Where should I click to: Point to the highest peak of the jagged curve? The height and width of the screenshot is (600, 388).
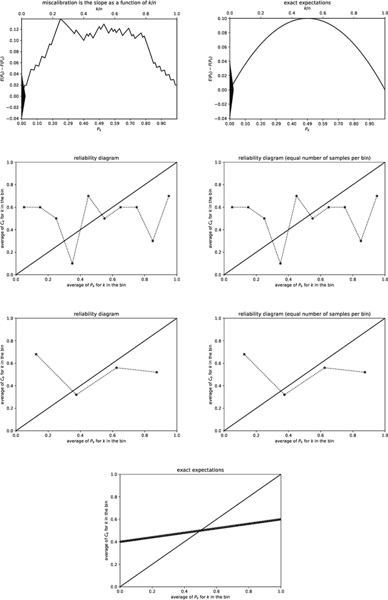pyautogui.click(x=60, y=19)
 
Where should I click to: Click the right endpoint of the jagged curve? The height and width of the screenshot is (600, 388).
pyautogui.click(x=176, y=85)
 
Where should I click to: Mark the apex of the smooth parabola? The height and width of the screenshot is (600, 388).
pyautogui.click(x=308, y=18)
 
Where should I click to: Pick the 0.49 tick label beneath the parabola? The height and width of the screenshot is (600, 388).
pyautogui.click(x=308, y=123)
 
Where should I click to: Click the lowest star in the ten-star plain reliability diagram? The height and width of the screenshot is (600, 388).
pyautogui.click(x=72, y=263)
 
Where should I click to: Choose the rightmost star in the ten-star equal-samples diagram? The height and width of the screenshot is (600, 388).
pyautogui.click(x=377, y=196)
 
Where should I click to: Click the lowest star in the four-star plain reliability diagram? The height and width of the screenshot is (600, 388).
pyautogui.click(x=76, y=395)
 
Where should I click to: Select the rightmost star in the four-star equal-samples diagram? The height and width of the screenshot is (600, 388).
pyautogui.click(x=365, y=372)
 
